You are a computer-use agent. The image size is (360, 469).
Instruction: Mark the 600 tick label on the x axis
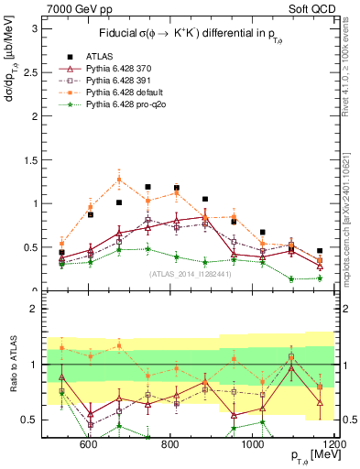[89, 444]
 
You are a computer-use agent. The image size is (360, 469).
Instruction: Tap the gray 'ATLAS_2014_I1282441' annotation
[190, 274]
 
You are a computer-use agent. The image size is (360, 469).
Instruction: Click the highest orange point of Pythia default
[119, 179]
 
